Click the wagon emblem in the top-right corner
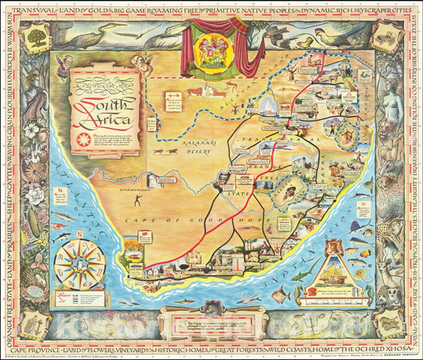[388, 38]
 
